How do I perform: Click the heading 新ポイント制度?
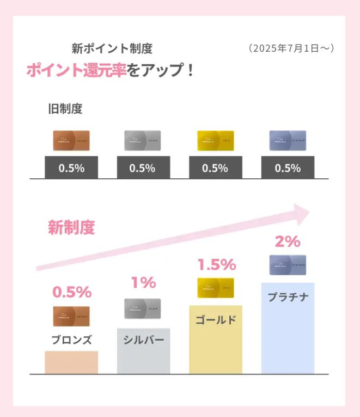[112, 48]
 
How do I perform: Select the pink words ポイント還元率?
[76, 71]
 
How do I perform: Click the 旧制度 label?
[65, 109]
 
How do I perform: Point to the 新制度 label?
[71, 227]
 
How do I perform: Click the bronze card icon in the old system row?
[71, 140]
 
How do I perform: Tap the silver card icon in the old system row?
[143, 140]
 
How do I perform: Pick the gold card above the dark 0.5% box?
[215, 140]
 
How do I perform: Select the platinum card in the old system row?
[288, 140]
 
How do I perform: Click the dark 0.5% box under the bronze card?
[71, 167]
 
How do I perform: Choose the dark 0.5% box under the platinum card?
[288, 167]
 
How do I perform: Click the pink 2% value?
[288, 241]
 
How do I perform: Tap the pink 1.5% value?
[216, 265]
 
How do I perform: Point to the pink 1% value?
[143, 282]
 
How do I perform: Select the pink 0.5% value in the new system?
[71, 292]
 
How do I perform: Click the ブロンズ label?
[71, 340]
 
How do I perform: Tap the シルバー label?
[143, 340]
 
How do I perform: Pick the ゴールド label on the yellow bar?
[216, 319]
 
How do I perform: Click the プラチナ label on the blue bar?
[288, 297]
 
